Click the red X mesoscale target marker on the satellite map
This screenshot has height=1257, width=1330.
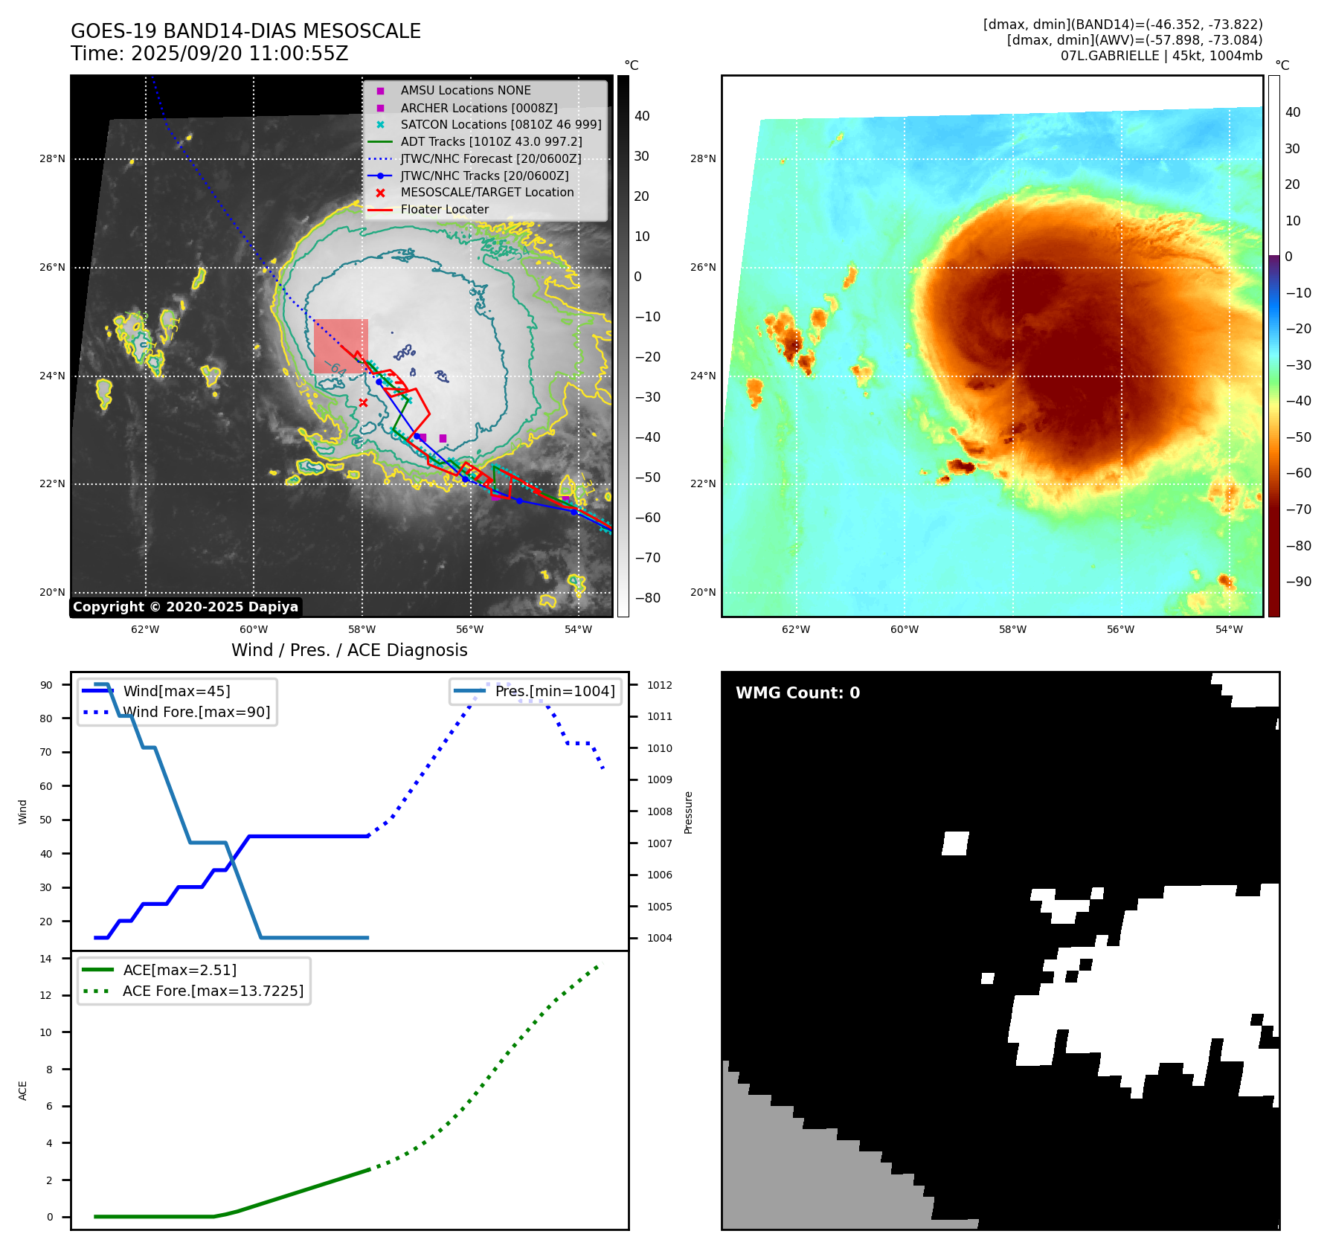[363, 402]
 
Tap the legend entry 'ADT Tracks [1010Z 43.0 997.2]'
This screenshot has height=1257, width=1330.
[491, 141]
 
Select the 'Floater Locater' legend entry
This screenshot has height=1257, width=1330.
[444, 210]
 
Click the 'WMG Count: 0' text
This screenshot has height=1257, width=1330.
[797, 693]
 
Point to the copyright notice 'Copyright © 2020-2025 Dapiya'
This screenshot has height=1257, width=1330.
[185, 607]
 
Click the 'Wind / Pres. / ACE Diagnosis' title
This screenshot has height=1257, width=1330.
[350, 651]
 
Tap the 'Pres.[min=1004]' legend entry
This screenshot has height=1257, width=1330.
[555, 692]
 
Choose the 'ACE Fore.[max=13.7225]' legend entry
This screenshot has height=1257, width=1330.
[213, 991]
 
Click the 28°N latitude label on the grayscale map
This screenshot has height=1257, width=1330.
[52, 158]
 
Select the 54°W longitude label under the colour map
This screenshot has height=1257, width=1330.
[1229, 629]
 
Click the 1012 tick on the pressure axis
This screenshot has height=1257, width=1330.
[659, 685]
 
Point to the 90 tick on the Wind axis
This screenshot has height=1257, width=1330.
[46, 685]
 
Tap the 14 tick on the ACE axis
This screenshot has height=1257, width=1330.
[46, 959]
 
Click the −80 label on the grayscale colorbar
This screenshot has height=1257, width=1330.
[646, 598]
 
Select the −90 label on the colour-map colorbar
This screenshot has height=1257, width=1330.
[1298, 582]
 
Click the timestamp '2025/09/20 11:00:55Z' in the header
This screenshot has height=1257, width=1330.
[240, 54]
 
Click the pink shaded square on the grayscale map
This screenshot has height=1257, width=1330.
[341, 346]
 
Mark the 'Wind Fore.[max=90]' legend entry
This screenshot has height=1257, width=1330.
[196, 713]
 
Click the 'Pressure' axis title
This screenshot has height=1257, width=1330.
[689, 812]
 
